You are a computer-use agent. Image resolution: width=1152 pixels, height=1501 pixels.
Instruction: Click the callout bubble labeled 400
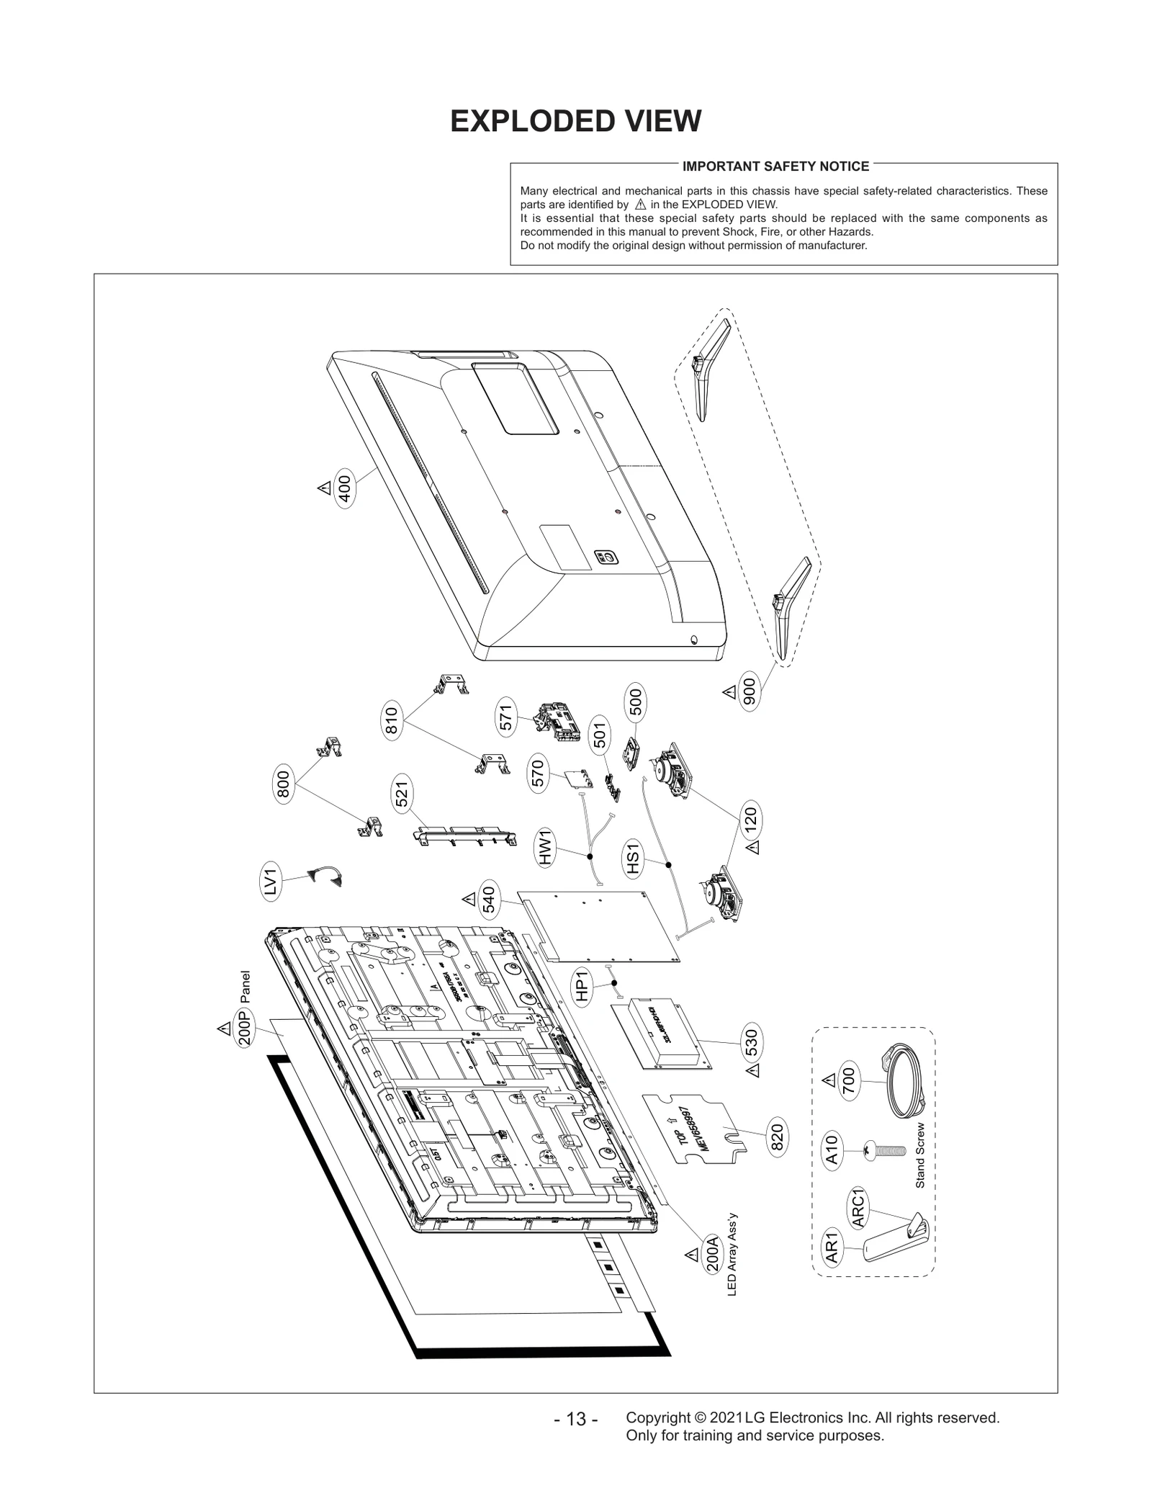click(345, 490)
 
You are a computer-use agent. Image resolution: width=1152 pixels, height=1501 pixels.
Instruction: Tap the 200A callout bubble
click(712, 1254)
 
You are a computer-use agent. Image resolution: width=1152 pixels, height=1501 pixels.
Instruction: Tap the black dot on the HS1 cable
click(668, 865)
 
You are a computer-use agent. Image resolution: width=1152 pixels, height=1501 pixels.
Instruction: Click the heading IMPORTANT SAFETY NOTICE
click(775, 166)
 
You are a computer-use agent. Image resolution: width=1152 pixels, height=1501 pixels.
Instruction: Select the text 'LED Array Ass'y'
click(732, 1255)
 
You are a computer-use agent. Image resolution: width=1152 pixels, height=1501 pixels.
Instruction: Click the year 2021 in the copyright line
click(726, 1417)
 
